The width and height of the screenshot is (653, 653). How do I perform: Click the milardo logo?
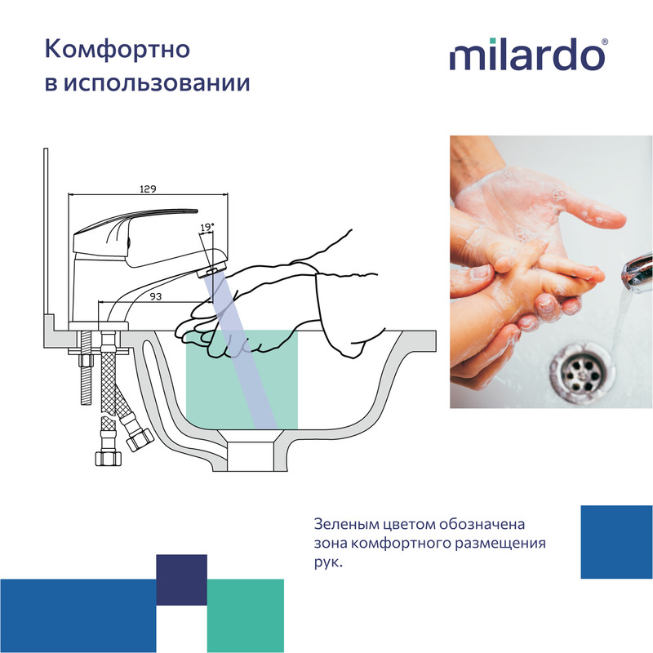(528, 55)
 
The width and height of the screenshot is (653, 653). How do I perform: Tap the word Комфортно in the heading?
(118, 49)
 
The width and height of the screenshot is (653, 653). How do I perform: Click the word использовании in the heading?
(157, 83)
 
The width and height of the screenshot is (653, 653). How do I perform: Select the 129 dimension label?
(148, 189)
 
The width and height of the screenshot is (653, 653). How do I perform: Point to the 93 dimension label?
(155, 296)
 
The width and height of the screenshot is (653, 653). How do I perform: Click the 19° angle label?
(207, 228)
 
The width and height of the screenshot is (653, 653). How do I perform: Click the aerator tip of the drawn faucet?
(212, 270)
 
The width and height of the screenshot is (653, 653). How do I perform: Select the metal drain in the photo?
(582, 371)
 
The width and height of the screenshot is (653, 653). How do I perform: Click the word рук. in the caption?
(328, 562)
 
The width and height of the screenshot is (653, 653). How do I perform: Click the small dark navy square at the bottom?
(181, 580)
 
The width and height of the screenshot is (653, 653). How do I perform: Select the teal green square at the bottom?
(246, 615)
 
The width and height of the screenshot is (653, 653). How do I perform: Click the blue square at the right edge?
(617, 542)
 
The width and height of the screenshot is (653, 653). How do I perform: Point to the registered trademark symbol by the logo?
(605, 42)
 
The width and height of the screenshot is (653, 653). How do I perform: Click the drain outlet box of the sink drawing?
(250, 456)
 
